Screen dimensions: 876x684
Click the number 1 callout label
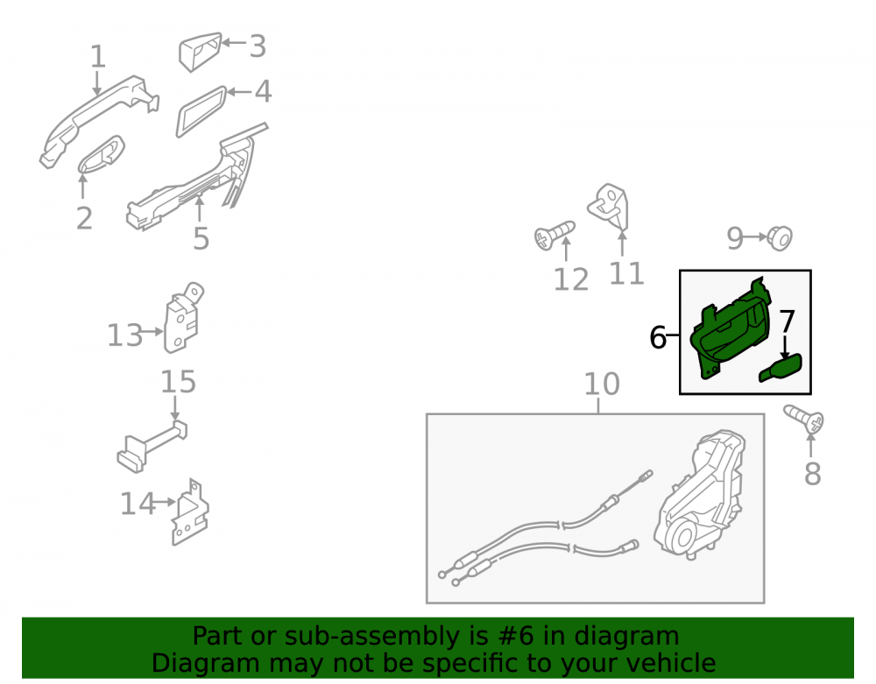[98, 56]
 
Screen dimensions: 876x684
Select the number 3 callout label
[258, 46]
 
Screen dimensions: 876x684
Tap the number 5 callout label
[201, 238]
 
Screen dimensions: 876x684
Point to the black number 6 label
[658, 337]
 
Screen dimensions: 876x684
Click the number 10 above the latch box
[602, 384]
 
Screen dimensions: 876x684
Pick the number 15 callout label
[178, 382]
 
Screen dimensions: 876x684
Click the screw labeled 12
[555, 236]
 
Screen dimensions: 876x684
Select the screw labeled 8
[804, 419]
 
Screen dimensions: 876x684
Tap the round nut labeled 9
[780, 238]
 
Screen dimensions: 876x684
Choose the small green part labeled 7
[781, 368]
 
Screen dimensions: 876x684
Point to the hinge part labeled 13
[183, 318]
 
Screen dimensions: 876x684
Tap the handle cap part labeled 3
[200, 52]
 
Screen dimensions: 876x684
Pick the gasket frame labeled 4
[201, 111]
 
